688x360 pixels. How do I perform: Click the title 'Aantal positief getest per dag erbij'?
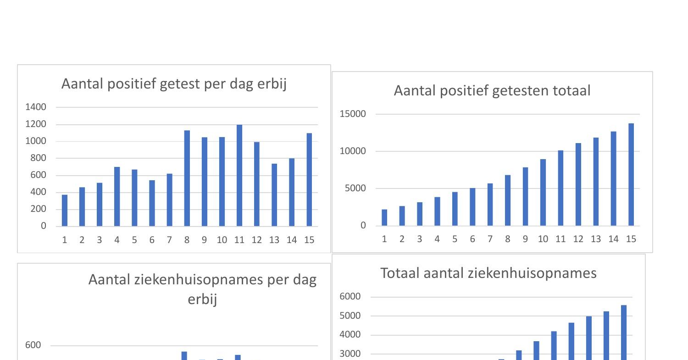click(174, 84)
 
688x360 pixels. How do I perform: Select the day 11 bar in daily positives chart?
click(239, 175)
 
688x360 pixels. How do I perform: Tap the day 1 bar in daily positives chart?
click(65, 210)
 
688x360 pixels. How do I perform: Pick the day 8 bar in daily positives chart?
click(187, 178)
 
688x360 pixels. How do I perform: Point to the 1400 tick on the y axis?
click(36, 107)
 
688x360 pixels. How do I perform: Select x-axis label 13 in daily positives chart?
click(274, 240)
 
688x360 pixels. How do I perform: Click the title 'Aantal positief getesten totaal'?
click(492, 91)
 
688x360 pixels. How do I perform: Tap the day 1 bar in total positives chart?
click(384, 217)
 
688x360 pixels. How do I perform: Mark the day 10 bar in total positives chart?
click(543, 192)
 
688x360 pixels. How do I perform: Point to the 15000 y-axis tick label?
click(353, 114)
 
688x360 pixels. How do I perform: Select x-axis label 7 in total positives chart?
click(490, 239)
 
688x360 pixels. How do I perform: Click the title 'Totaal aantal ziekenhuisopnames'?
click(488, 273)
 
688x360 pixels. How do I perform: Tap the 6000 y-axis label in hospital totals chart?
click(350, 297)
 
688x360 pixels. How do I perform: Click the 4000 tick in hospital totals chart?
click(350, 335)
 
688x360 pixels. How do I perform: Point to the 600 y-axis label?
click(33, 345)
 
